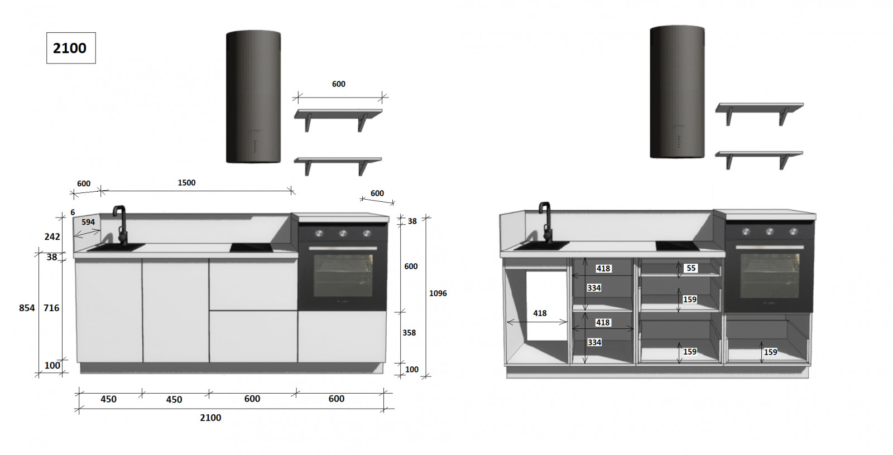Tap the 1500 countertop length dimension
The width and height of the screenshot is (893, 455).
click(x=186, y=183)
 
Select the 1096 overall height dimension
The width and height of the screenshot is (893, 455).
click(x=438, y=293)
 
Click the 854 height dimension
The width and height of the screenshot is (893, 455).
click(x=27, y=308)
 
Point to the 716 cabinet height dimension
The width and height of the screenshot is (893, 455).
click(x=51, y=308)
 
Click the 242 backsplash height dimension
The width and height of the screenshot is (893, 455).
click(x=52, y=236)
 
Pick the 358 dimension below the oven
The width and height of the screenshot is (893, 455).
click(x=409, y=333)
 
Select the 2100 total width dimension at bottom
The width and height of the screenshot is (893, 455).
click(x=210, y=418)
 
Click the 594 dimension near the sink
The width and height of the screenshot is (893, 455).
click(x=88, y=222)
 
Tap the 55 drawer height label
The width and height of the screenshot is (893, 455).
click(x=691, y=268)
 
